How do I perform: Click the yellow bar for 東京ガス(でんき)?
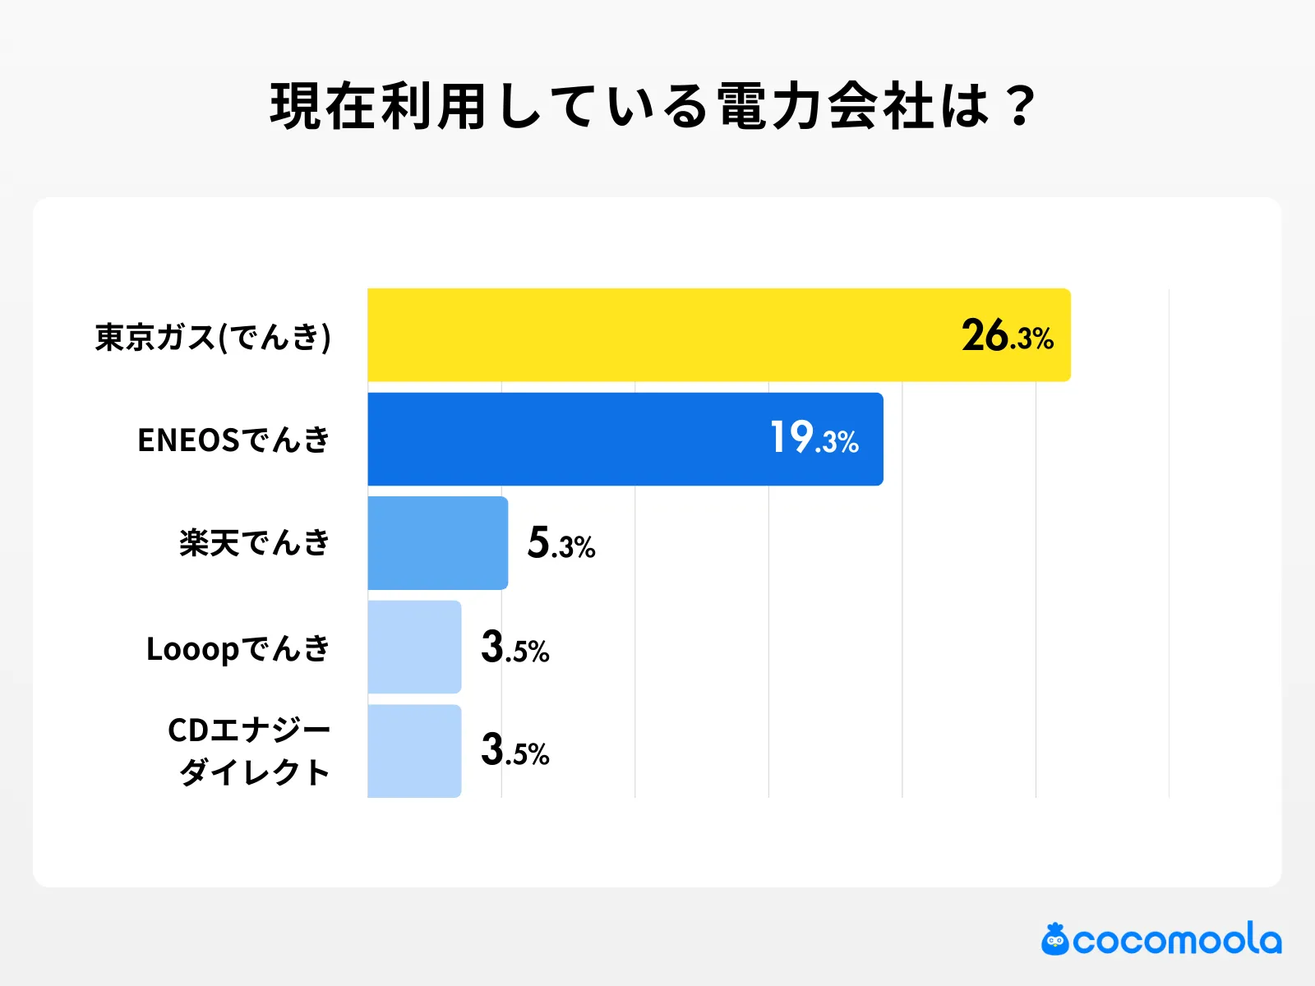click(719, 335)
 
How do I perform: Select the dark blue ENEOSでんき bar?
click(625, 439)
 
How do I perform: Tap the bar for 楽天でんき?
click(437, 543)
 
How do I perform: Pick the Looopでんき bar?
click(414, 647)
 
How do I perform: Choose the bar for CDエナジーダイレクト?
click(414, 750)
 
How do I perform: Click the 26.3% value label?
click(1008, 336)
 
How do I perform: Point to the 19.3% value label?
click(814, 438)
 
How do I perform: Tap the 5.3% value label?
click(561, 543)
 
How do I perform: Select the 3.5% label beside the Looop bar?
click(515, 647)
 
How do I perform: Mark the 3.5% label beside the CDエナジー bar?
click(515, 750)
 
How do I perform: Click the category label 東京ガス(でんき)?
click(213, 337)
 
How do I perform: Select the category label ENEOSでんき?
click(233, 440)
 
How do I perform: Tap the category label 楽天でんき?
click(255, 543)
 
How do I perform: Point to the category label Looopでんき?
click(238, 648)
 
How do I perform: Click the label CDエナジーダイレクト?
click(249, 750)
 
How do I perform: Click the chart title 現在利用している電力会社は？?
click(653, 107)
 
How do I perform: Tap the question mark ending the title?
click(1021, 107)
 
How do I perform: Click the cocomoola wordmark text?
click(1177, 940)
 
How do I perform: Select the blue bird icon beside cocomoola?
click(1055, 939)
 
